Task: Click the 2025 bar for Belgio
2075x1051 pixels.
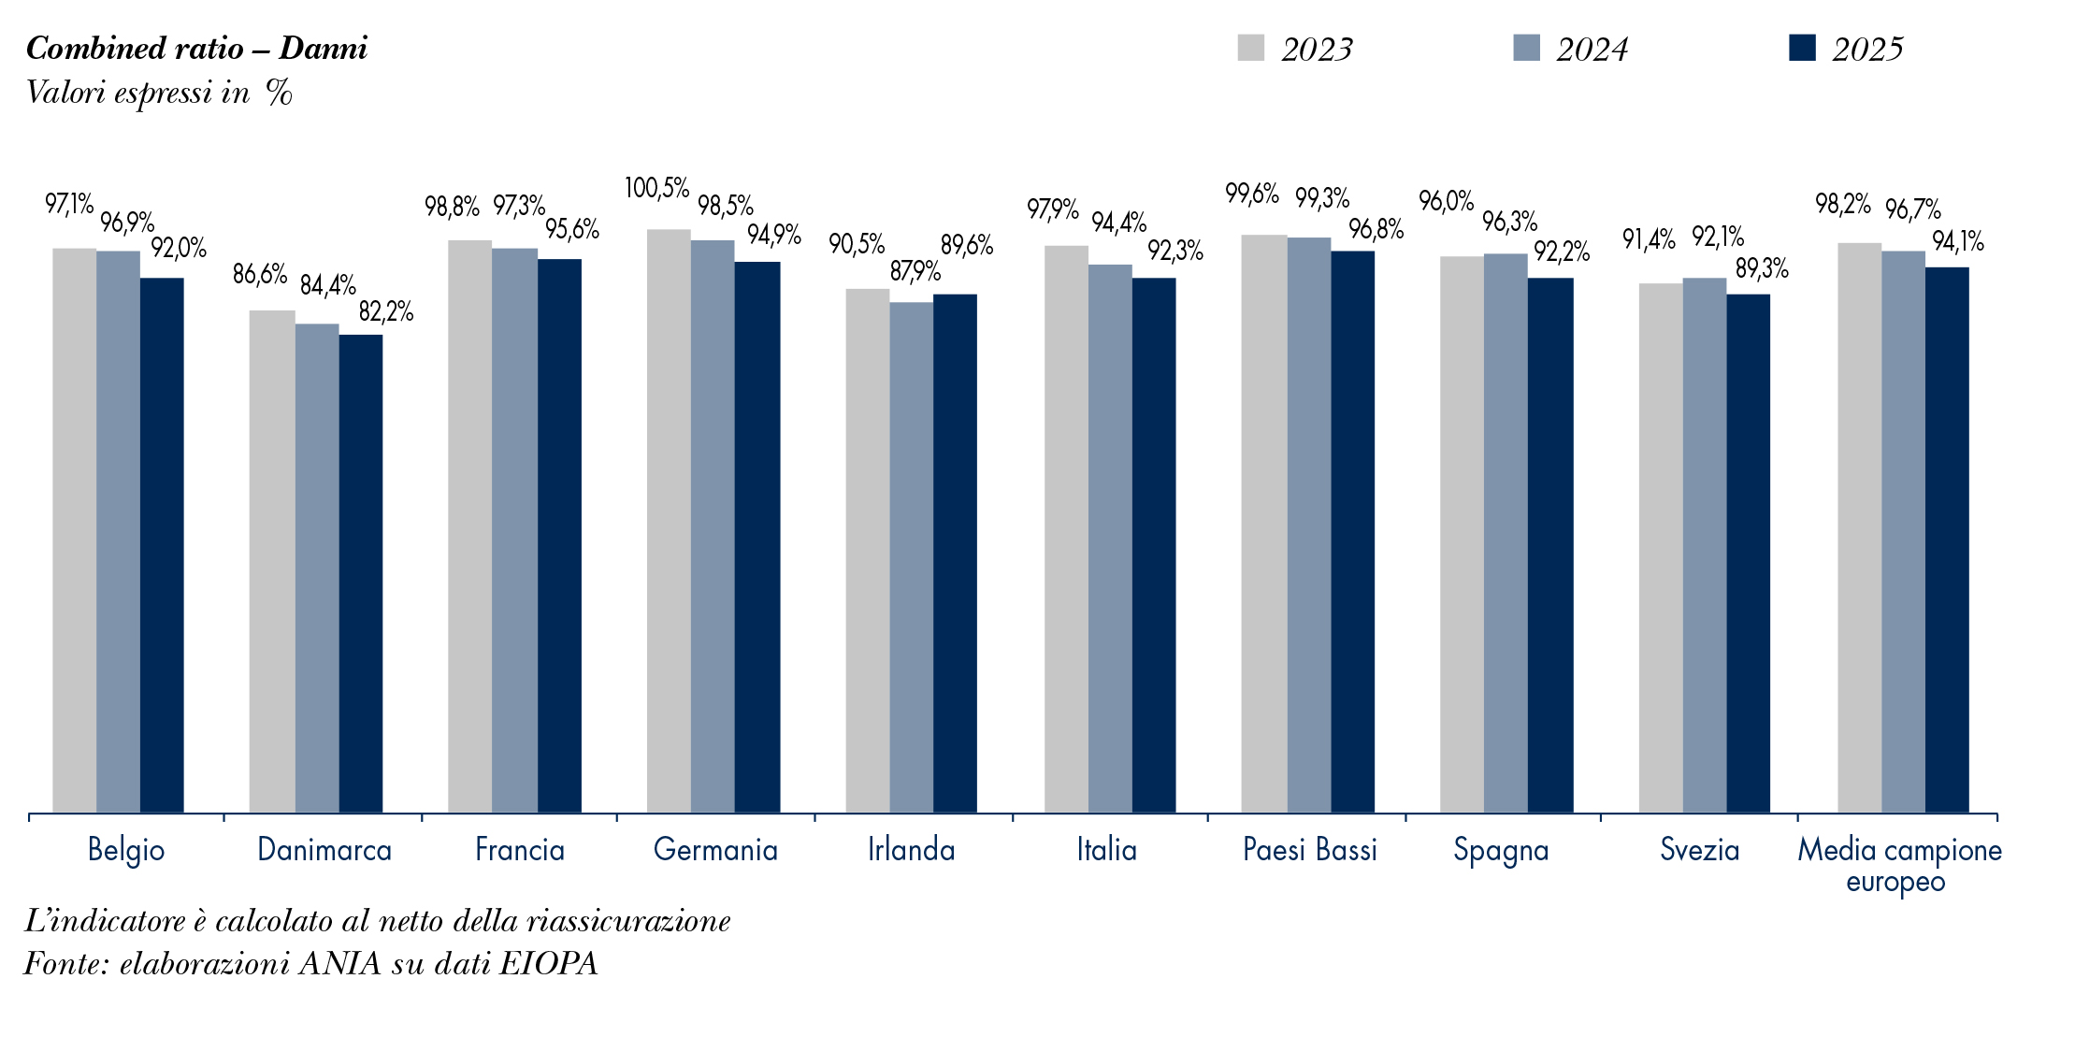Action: click(162, 545)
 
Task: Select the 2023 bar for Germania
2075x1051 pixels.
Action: click(669, 521)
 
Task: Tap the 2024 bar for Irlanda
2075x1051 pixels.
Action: click(912, 557)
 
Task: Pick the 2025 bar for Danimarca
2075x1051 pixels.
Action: click(361, 574)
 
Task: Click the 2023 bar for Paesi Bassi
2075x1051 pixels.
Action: click(1264, 524)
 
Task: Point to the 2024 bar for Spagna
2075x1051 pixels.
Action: click(1506, 533)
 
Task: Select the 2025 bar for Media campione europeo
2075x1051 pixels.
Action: click(1947, 540)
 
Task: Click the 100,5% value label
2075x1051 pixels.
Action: click(656, 188)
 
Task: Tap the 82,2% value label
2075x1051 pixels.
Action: click(386, 311)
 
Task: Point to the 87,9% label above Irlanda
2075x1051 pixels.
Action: click(915, 271)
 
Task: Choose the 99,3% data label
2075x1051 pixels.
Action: click(1322, 198)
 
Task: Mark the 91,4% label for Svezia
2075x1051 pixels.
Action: click(1649, 239)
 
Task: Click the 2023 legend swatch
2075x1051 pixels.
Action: click(1251, 48)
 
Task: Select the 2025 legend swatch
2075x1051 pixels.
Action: click(1802, 48)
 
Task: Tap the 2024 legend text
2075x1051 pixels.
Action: click(1592, 50)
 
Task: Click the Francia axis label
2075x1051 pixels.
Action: click(520, 849)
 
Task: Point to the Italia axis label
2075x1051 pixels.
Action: click(1107, 849)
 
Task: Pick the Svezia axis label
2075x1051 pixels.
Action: click(1700, 849)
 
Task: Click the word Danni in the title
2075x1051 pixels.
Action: click(323, 48)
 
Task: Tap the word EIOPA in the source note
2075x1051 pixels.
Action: click(549, 963)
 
